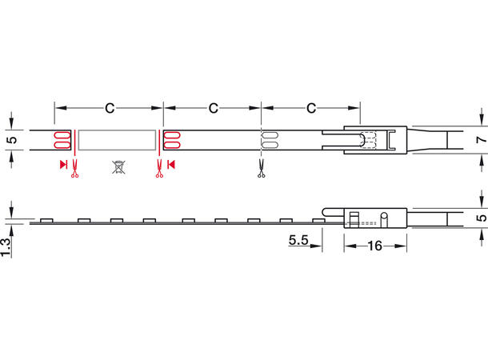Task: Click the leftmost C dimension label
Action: (108, 107)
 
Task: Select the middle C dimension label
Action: (213, 107)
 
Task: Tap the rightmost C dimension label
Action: (311, 107)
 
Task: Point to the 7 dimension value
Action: (480, 140)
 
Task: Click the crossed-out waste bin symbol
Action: (118, 167)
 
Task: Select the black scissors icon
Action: (262, 168)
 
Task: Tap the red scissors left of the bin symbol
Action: (74, 168)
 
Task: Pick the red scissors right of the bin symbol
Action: (160, 168)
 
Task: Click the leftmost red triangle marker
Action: (63, 166)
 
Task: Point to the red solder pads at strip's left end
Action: (61, 140)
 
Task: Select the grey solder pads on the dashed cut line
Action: (269, 140)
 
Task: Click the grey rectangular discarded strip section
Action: (117, 140)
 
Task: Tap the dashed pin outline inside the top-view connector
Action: (368, 139)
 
